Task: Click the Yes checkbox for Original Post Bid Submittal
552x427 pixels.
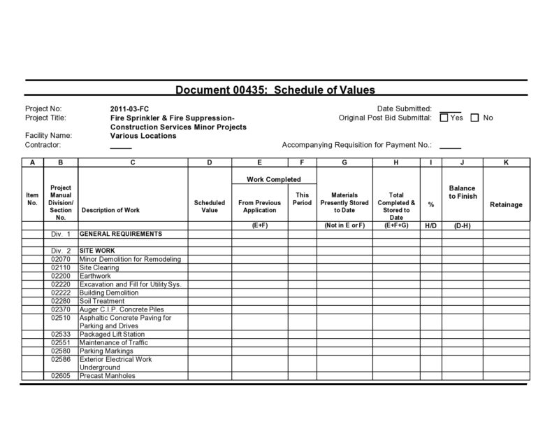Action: point(444,118)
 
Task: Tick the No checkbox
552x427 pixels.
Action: point(475,118)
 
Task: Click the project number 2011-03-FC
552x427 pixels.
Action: point(130,108)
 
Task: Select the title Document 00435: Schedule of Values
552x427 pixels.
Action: point(275,90)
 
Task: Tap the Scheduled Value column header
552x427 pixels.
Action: point(210,206)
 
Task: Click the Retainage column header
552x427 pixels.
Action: point(506,204)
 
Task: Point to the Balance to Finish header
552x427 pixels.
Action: point(462,192)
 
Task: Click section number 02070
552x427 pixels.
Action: point(61,259)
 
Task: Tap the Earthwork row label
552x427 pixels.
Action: point(96,276)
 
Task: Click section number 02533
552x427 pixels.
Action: point(61,334)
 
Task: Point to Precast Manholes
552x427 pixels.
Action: point(108,376)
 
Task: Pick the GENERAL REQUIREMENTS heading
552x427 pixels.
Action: point(121,233)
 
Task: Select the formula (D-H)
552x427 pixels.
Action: point(462,225)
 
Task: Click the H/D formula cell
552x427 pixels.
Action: point(430,225)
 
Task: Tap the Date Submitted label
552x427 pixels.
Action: point(404,108)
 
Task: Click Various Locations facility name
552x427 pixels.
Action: point(143,136)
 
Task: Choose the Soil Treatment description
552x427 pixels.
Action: point(103,301)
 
